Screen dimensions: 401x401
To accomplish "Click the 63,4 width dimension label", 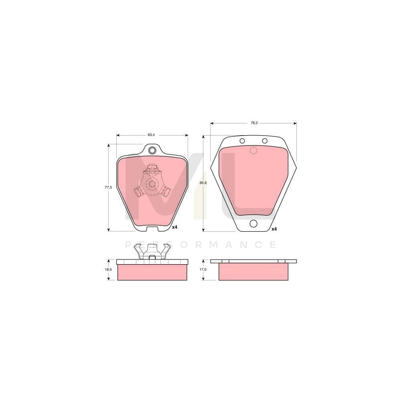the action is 151,135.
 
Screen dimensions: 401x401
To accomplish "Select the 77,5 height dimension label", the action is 108,187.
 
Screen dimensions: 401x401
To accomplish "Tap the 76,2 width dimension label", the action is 253,123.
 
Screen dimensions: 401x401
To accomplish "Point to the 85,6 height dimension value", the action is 203,183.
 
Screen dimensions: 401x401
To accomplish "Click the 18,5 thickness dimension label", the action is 108,269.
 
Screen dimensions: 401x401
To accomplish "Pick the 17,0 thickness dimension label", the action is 203,269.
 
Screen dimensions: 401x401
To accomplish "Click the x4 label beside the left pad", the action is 175,227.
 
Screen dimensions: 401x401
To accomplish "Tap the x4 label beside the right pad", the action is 274,229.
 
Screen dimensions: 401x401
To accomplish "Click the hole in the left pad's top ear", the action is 152,150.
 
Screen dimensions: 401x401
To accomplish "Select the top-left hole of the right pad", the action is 242,141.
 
